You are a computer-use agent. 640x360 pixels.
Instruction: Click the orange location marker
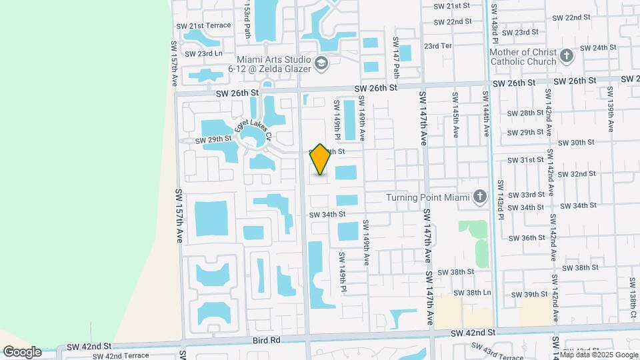pos(321,159)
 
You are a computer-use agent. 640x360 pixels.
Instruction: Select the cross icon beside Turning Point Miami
pos(479,197)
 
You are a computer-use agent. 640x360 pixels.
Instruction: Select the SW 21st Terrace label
pos(203,25)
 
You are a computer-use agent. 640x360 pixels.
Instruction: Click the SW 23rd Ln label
pos(203,53)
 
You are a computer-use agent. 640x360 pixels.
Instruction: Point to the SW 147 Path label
pos(396,57)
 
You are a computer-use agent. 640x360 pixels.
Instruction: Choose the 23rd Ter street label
pos(438,46)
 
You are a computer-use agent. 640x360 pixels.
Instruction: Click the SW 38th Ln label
pos(472,293)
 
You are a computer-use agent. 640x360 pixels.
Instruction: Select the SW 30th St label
pos(577,143)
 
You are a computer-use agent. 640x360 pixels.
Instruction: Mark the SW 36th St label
pos(527,238)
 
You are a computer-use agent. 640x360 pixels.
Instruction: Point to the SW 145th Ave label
pos(455,115)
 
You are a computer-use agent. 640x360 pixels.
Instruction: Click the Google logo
pos(22,352)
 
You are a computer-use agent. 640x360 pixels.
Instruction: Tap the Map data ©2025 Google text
pos(599,355)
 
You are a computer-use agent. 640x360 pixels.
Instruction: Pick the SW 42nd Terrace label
pos(119,356)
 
